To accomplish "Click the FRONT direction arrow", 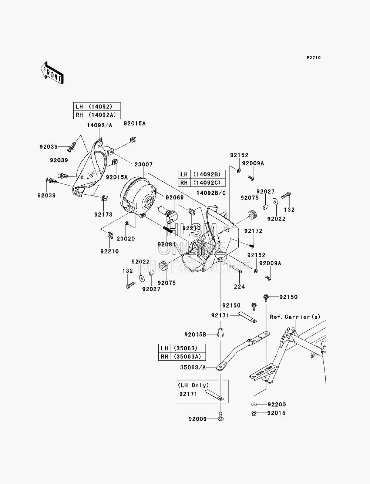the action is pyautogui.click(x=52, y=73).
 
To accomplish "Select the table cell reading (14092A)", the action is pyautogui.click(x=103, y=115).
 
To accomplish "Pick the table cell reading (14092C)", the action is pyautogui.click(x=208, y=182).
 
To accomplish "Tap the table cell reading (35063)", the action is pyautogui.click(x=188, y=348).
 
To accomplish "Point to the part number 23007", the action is pyautogui.click(x=144, y=165).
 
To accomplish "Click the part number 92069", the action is pyautogui.click(x=175, y=198).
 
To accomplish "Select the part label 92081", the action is pyautogui.click(x=167, y=244).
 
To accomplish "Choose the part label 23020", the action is pyautogui.click(x=126, y=239).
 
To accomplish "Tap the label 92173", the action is pyautogui.click(x=103, y=215).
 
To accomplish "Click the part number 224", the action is pyautogui.click(x=239, y=287).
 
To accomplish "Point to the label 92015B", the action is pyautogui.click(x=195, y=335).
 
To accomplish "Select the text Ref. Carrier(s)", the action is pyautogui.click(x=295, y=317).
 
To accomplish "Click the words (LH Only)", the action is pyautogui.click(x=193, y=385).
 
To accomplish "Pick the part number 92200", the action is pyautogui.click(x=277, y=404).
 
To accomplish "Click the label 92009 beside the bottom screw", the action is pyautogui.click(x=198, y=419).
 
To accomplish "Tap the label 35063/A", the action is pyautogui.click(x=193, y=367).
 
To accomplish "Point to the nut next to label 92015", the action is pyautogui.click(x=253, y=413).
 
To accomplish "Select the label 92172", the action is pyautogui.click(x=253, y=231).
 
